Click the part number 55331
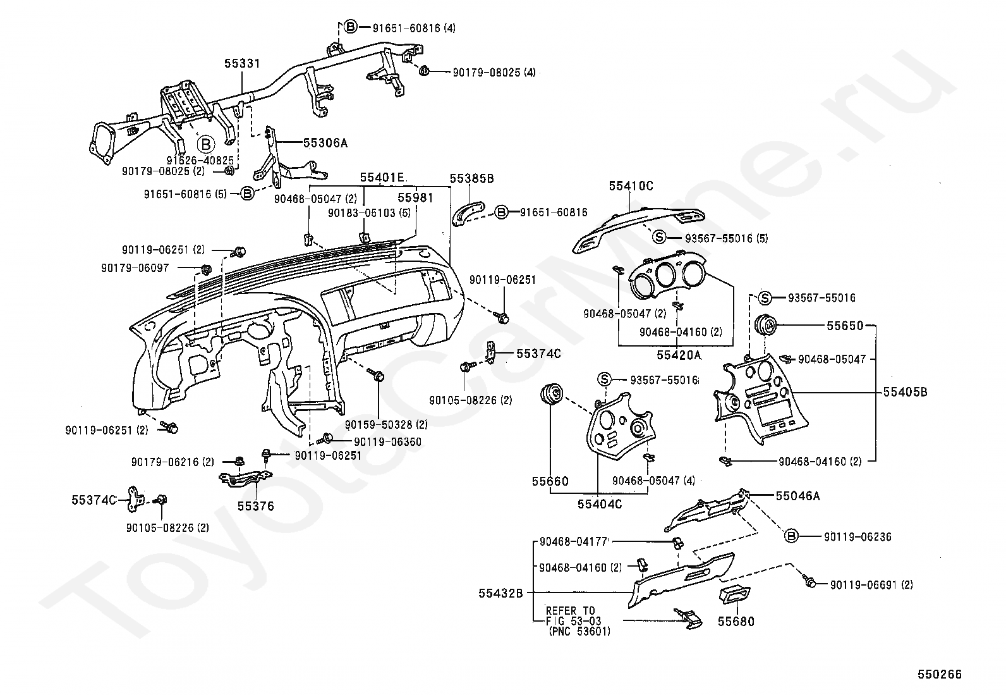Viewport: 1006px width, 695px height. click(x=242, y=63)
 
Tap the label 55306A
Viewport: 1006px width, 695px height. click(x=325, y=143)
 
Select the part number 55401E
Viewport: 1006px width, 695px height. click(x=382, y=178)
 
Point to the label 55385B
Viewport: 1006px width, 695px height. click(x=471, y=178)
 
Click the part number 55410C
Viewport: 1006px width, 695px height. click(x=631, y=186)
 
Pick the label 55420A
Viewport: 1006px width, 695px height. click(x=679, y=355)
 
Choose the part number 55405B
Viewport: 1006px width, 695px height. click(x=905, y=392)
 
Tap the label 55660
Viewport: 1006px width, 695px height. click(x=550, y=481)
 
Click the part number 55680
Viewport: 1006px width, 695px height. click(x=736, y=621)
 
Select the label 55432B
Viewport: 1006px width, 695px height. click(x=500, y=593)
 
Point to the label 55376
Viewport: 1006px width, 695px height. click(x=255, y=506)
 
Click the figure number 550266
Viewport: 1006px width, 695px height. click(x=940, y=674)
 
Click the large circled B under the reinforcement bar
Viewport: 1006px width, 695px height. click(x=206, y=144)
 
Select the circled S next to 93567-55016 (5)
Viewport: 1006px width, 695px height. click(x=659, y=237)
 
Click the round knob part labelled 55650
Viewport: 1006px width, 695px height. click(x=765, y=325)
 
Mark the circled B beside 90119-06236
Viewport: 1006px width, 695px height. click(x=791, y=536)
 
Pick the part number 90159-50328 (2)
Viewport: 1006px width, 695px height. click(x=386, y=424)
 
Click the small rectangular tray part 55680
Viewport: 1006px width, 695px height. click(x=735, y=596)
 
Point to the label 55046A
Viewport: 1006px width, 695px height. click(x=797, y=496)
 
